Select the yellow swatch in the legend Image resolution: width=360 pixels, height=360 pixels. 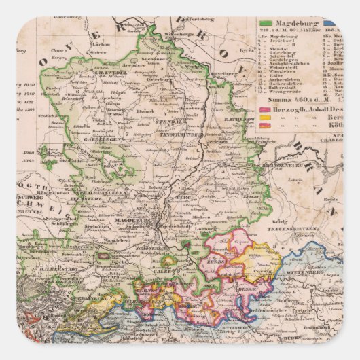point(265,118)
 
